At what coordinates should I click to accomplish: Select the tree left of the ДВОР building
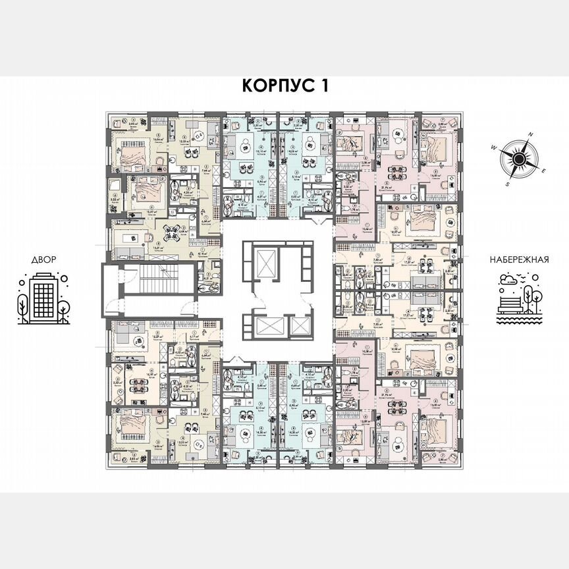tap(22, 305)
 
